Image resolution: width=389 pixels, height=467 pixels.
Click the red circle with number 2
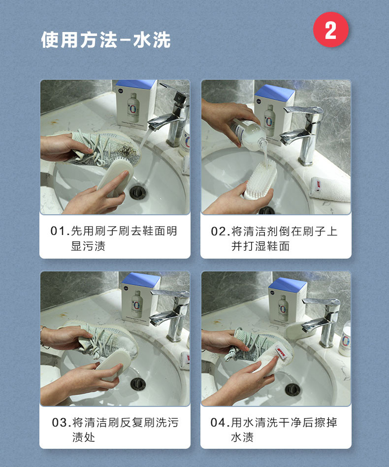click(331, 30)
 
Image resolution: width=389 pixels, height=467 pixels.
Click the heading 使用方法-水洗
click(106, 40)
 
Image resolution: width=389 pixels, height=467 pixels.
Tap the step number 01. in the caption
click(60, 231)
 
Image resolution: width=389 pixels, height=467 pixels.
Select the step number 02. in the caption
click(221, 232)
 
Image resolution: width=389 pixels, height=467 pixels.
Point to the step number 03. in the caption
click(62, 422)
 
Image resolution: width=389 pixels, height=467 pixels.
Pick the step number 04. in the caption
click(220, 422)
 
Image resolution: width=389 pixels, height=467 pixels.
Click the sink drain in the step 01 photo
click(138, 192)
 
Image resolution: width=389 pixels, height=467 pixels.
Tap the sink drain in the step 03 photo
click(138, 384)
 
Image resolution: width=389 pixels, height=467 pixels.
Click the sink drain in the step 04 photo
click(292, 390)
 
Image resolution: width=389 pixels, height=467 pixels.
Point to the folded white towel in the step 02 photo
click(330, 189)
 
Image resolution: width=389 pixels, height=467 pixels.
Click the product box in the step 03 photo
click(140, 299)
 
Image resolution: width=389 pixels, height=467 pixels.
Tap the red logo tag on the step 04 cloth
click(281, 353)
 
